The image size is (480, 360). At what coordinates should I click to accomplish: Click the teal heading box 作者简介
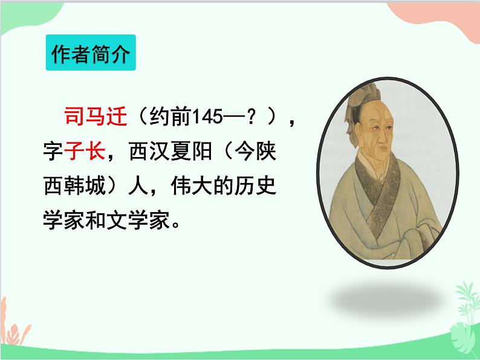(x=89, y=56)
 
